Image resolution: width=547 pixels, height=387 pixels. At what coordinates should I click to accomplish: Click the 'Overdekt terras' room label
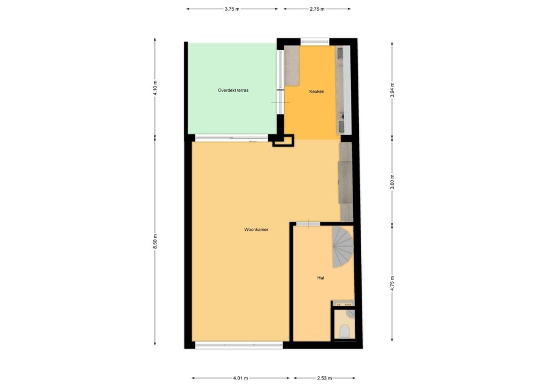click(x=233, y=90)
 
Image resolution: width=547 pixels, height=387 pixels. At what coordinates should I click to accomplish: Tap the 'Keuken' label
click(x=317, y=91)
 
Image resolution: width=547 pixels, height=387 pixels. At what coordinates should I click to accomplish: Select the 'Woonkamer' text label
click(x=256, y=230)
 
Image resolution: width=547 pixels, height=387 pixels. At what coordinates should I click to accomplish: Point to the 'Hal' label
click(x=321, y=278)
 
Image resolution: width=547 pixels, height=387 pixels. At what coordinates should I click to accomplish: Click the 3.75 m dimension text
click(x=232, y=9)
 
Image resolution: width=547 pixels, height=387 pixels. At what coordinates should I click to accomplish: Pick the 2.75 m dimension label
click(x=317, y=9)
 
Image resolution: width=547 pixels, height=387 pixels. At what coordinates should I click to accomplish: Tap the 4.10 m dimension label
click(x=155, y=88)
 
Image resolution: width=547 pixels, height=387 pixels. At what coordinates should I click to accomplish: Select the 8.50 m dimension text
click(x=155, y=242)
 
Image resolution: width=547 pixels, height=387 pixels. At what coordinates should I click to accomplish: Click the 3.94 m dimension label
click(x=392, y=90)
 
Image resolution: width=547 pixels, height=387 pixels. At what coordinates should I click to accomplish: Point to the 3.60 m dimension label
click(x=392, y=182)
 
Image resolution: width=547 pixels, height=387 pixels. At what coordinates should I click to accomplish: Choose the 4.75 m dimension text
click(x=392, y=283)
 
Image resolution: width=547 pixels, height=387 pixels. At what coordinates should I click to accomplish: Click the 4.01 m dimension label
click(x=241, y=378)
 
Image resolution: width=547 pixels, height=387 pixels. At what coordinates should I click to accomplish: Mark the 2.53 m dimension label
click(x=324, y=378)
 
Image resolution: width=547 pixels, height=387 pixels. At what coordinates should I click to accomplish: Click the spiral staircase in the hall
click(x=342, y=247)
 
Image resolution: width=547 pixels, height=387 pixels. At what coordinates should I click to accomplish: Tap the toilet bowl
click(x=345, y=331)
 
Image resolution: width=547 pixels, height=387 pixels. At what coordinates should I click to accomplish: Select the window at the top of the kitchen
click(x=315, y=42)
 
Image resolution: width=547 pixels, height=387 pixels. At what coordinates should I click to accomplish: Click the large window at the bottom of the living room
click(x=239, y=345)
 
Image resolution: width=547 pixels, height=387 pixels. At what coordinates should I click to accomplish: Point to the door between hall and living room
click(x=308, y=223)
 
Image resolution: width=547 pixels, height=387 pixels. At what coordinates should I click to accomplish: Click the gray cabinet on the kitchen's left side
click(x=292, y=66)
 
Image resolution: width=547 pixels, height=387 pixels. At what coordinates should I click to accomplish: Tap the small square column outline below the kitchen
click(x=283, y=140)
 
